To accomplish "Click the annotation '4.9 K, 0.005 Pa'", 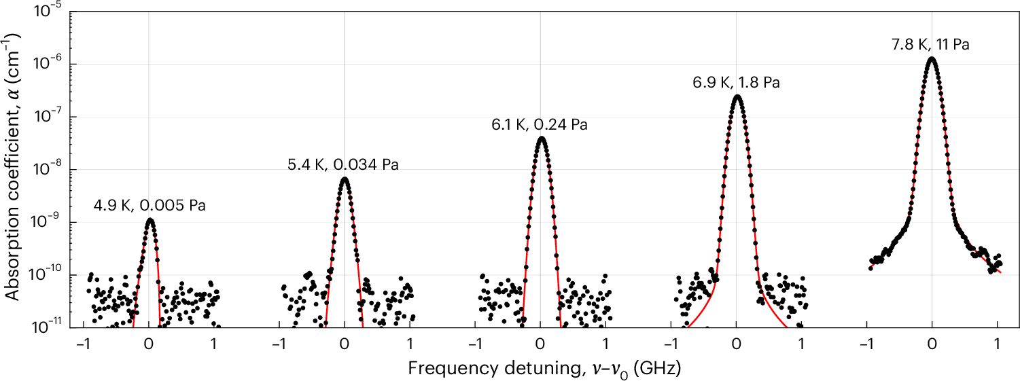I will [x=150, y=204].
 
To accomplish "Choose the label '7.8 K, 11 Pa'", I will [x=930, y=45].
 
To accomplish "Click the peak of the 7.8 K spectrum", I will [x=932, y=58].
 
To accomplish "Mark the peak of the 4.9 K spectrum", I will [x=150, y=220].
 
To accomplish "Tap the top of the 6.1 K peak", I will [x=541, y=138].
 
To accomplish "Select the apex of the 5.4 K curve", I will [x=345, y=179].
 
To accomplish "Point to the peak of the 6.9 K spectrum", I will [x=737, y=96].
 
